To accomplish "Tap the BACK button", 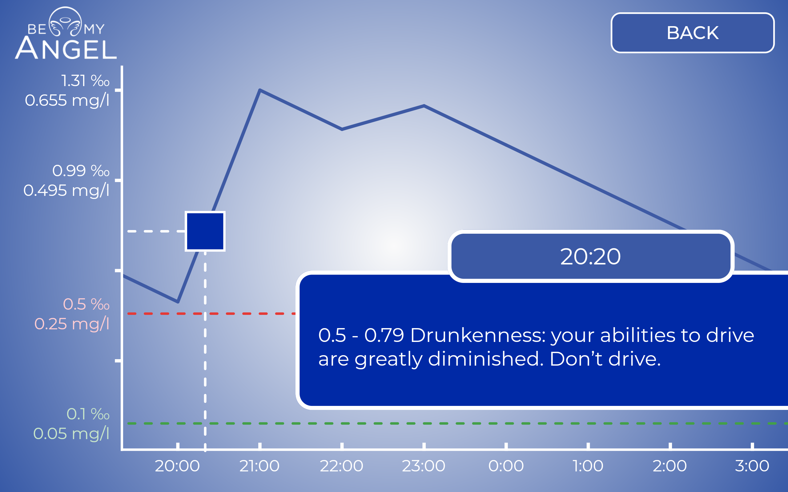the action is pyautogui.click(x=693, y=33).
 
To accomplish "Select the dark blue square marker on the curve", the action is pyautogui.click(x=205, y=231).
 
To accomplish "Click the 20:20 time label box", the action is pyautogui.click(x=591, y=256).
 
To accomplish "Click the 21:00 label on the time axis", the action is pyautogui.click(x=259, y=466).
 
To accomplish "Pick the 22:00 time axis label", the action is pyautogui.click(x=342, y=466).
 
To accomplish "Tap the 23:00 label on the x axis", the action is pyautogui.click(x=424, y=466).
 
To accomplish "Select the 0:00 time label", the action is pyautogui.click(x=506, y=466).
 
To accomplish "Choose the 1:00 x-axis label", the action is pyautogui.click(x=588, y=466).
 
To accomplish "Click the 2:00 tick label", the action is pyautogui.click(x=670, y=466).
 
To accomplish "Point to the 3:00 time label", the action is pyautogui.click(x=752, y=466).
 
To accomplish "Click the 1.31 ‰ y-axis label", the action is pyautogui.click(x=85, y=81).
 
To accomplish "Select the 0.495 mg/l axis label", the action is pyautogui.click(x=66, y=190).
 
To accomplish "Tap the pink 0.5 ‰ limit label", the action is pyautogui.click(x=86, y=304).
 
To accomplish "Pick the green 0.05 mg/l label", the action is pyautogui.click(x=71, y=434).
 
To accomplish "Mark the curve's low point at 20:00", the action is pyautogui.click(x=178, y=302).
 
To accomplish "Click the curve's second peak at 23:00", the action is pyautogui.click(x=424, y=105).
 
